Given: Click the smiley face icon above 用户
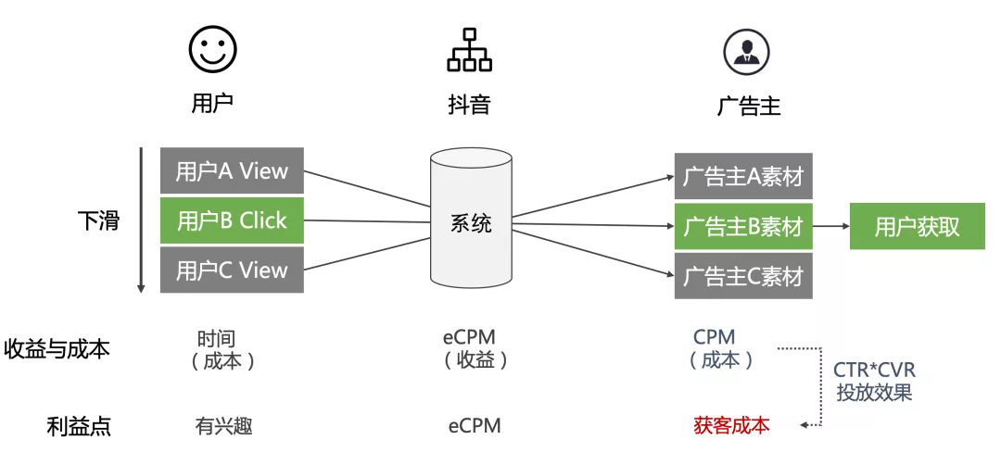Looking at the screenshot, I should [x=212, y=49].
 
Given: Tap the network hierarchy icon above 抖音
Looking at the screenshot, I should [x=469, y=49].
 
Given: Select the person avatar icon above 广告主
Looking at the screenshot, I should [x=747, y=49].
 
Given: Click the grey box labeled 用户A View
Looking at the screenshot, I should [x=232, y=170].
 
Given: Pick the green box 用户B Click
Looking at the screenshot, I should [x=232, y=220].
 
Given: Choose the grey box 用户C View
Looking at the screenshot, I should [x=232, y=270].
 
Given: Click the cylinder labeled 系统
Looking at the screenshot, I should [x=471, y=222].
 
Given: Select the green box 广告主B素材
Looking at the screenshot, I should [x=743, y=226].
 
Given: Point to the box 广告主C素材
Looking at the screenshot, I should [x=743, y=276].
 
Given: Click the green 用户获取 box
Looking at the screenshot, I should [x=917, y=226].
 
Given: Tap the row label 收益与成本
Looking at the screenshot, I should [x=57, y=349].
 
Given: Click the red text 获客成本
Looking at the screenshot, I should [x=731, y=426].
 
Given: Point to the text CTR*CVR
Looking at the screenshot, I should [x=874, y=371].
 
